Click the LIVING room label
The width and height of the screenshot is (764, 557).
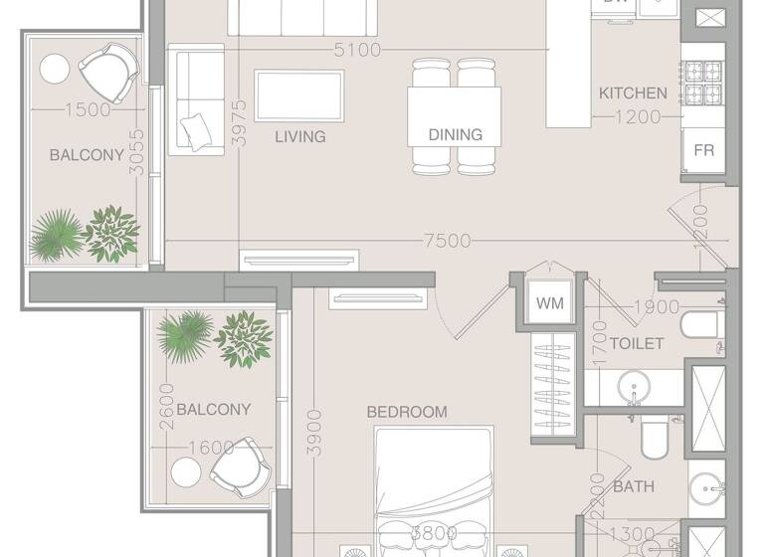300,136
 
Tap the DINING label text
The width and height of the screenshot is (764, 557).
455,134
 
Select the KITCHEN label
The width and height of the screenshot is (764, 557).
633,93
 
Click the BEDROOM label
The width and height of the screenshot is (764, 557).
407,412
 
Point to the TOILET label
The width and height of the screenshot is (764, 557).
637,344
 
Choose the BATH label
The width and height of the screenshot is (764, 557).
634,487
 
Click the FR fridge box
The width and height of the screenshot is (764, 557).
703,151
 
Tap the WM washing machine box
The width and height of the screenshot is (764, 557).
547,302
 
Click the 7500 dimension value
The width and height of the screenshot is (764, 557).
447,242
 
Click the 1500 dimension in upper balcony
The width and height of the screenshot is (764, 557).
87,110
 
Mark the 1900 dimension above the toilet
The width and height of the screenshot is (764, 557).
656,307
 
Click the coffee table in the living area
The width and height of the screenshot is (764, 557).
299,95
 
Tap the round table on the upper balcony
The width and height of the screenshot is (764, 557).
54,70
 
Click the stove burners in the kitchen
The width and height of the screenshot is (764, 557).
702,84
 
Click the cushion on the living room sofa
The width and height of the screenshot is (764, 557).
197,128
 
